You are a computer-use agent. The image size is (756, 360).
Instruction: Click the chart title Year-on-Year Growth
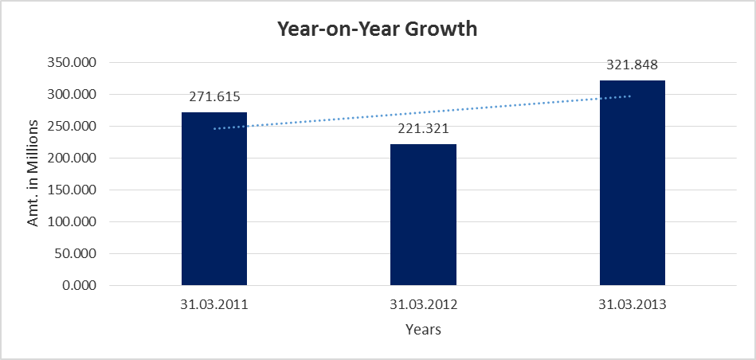tap(377, 29)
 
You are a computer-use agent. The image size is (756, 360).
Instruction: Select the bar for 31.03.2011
tap(214, 199)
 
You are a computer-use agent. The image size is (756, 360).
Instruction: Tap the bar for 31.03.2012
tap(423, 215)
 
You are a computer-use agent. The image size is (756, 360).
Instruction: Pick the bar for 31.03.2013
tap(632, 183)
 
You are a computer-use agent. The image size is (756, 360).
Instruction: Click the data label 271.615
tap(214, 97)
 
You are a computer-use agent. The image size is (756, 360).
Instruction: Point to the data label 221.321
tap(423, 129)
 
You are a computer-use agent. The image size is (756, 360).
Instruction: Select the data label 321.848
tap(632, 65)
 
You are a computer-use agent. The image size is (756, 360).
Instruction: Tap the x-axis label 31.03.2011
tap(214, 305)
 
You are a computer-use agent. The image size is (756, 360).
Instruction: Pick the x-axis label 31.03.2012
tap(423, 305)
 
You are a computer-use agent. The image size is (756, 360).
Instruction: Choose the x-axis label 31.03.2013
tap(632, 305)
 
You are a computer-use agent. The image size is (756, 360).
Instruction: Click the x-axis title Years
tap(423, 329)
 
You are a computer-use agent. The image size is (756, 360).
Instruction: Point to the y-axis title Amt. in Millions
tap(33, 174)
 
